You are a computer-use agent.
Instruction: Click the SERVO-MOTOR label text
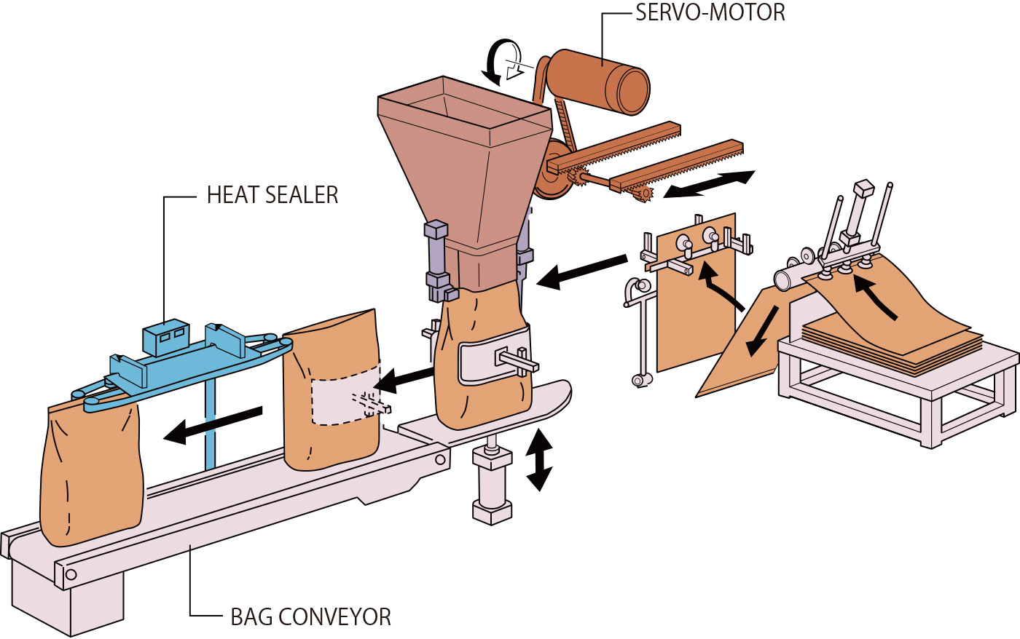pos(710,13)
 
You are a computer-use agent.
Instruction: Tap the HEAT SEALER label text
pos(272,195)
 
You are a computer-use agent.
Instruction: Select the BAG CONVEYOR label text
pos(310,617)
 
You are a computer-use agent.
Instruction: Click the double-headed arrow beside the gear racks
pos(710,183)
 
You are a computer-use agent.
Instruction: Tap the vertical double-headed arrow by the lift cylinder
pos(539,460)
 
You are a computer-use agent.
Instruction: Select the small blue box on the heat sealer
pos(166,337)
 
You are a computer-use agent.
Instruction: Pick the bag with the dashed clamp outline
pos(331,393)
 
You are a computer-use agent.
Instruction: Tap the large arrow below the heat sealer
pos(212,424)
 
